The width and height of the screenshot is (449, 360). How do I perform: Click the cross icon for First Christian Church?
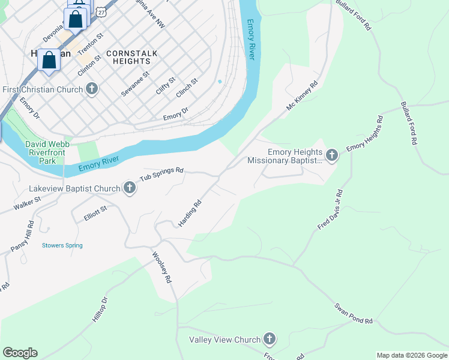coord(92,90)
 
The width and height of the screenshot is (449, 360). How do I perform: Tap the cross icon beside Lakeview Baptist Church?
coord(129,188)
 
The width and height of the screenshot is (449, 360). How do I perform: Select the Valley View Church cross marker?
coord(270,340)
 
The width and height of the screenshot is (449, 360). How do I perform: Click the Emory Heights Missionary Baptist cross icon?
coord(331,157)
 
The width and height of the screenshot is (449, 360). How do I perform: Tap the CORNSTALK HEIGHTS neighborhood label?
coord(131,57)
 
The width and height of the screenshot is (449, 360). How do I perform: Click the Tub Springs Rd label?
coord(161,175)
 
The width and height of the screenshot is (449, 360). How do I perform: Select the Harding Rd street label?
coord(189,213)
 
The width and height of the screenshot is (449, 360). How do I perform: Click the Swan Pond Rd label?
coord(354,313)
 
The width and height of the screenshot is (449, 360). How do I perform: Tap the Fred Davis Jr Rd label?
coord(330,209)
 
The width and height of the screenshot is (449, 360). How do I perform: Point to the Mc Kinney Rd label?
coord(301,97)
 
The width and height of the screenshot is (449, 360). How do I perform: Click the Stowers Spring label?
coord(62,245)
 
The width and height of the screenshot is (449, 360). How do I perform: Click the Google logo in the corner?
coord(20,353)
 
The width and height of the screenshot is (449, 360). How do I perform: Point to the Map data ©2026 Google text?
coord(412,355)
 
